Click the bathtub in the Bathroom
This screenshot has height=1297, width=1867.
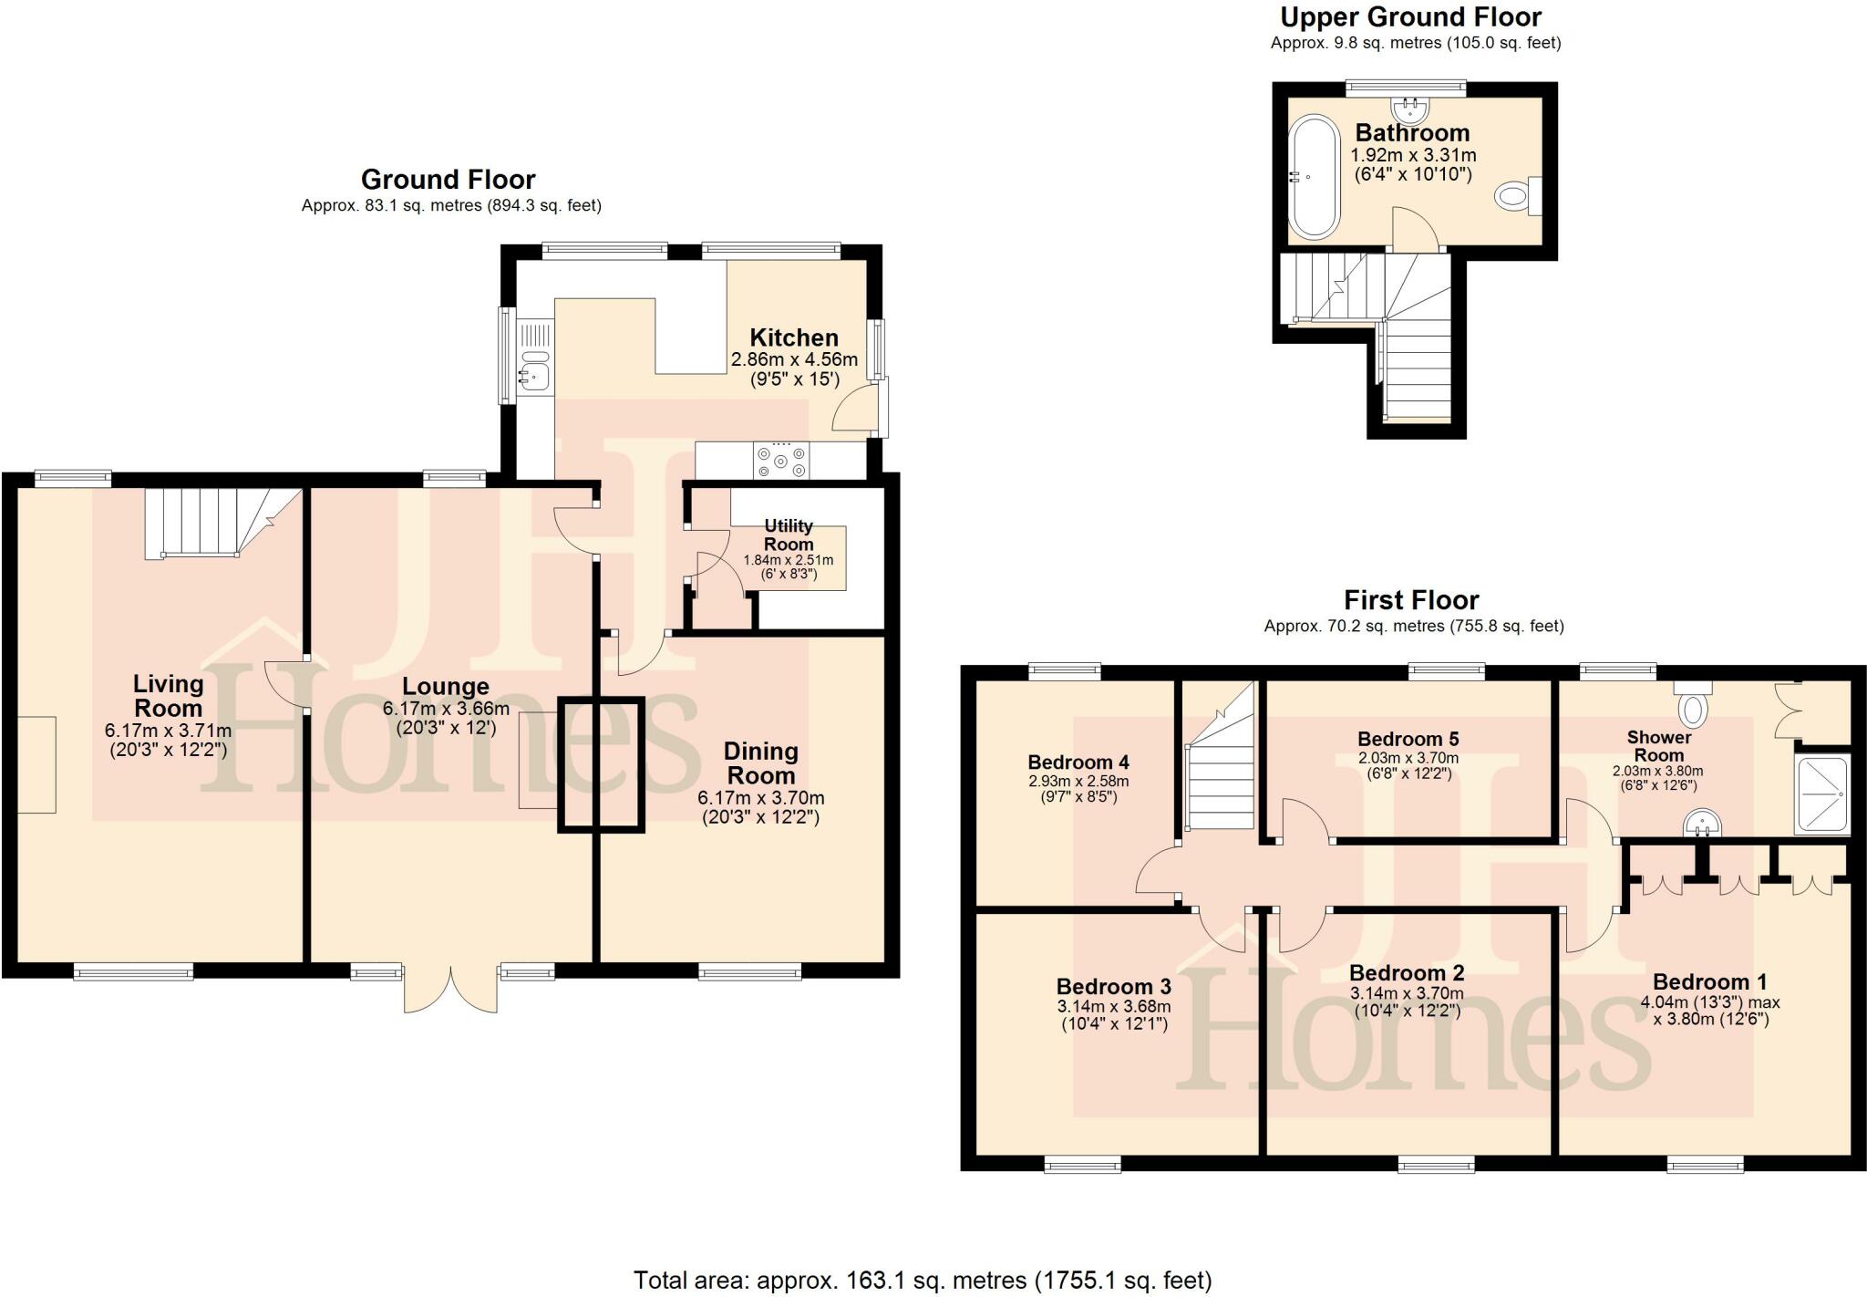coord(1314,177)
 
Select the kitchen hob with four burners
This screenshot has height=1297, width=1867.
coord(781,460)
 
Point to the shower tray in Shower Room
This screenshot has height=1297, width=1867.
coord(1821,794)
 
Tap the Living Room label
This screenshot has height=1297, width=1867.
coord(168,695)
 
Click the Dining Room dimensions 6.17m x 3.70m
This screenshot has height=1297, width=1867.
coord(760,798)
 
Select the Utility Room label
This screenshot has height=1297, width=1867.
coord(789,534)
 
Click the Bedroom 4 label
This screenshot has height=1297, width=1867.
coord(1078,763)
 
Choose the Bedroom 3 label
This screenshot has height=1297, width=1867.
coord(1113,987)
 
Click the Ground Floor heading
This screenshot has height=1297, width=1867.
coord(448,179)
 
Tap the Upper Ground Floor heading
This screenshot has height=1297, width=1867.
coord(1410,17)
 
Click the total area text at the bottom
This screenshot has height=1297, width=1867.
coord(923,1281)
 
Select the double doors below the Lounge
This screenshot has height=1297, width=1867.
coord(450,991)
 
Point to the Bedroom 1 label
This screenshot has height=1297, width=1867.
coord(1709,982)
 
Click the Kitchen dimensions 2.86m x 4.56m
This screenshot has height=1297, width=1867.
coord(794,360)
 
